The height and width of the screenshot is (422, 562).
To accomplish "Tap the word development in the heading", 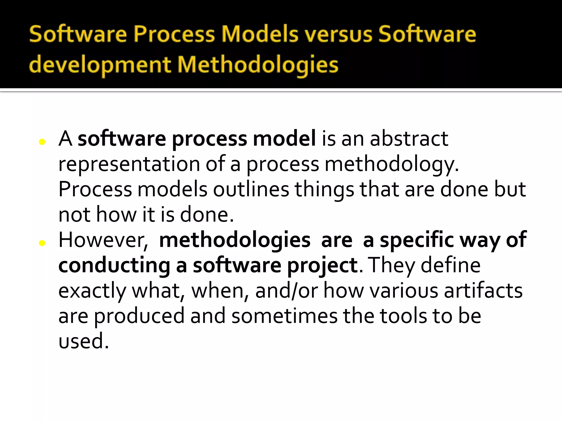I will (x=100, y=65).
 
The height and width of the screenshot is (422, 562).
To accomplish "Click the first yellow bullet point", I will (x=42, y=142).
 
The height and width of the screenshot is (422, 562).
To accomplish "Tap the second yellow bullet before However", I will (x=42, y=243).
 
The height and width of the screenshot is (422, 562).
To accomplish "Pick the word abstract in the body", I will (x=409, y=138).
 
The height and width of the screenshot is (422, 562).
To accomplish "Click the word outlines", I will (x=251, y=189).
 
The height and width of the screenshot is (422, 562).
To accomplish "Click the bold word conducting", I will (x=114, y=266).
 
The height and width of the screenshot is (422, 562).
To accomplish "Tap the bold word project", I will (x=322, y=266).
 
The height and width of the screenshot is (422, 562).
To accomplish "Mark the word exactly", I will (x=92, y=291).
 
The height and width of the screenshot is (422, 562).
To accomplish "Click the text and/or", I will (x=286, y=291).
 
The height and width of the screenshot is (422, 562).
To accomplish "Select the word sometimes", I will (x=284, y=316).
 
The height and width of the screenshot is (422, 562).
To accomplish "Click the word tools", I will (x=403, y=316).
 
